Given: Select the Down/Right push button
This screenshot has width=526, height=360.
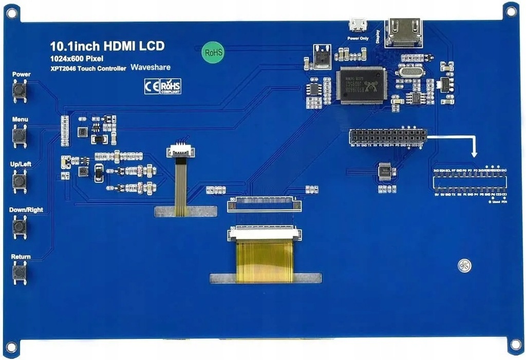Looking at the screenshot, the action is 20,226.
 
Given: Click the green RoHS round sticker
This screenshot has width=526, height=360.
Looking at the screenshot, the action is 213,52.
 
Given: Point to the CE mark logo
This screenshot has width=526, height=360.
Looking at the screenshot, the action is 152,86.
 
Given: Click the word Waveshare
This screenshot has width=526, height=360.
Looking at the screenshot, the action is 151,67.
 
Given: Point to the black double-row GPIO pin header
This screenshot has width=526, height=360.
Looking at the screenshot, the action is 388,136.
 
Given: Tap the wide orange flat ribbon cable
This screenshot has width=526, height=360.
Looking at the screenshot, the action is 264,261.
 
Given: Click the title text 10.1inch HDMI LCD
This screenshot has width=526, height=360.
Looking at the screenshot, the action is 107,46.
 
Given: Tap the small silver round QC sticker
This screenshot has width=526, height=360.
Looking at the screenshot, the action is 464,266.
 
